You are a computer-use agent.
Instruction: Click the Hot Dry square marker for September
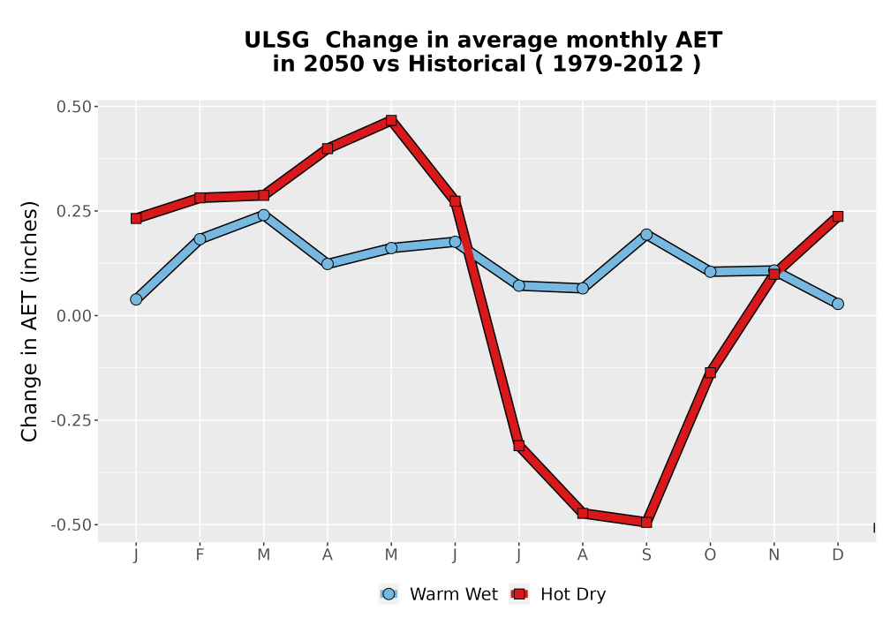point(646,523)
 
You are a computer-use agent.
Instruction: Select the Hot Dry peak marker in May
point(391,120)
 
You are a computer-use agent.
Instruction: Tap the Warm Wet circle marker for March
point(263,215)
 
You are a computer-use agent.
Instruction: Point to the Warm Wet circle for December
point(838,304)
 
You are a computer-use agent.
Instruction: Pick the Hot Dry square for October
point(710,373)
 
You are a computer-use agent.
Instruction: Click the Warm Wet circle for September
point(646,235)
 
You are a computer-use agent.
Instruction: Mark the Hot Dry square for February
point(200,198)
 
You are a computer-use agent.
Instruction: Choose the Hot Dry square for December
point(838,216)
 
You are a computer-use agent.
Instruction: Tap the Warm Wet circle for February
point(200,239)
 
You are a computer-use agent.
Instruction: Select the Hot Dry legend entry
point(558,594)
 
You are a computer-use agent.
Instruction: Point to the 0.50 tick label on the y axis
point(74,106)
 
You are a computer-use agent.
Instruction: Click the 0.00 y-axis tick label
point(74,316)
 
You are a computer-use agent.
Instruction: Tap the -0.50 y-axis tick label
point(71,525)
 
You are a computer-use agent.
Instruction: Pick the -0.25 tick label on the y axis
point(71,420)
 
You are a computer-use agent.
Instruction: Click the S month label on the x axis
point(646,555)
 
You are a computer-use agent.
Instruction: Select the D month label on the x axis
point(838,555)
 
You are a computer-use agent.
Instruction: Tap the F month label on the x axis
point(200,555)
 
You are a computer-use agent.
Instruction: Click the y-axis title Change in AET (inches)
point(29,321)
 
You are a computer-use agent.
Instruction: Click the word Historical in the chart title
point(467,64)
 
